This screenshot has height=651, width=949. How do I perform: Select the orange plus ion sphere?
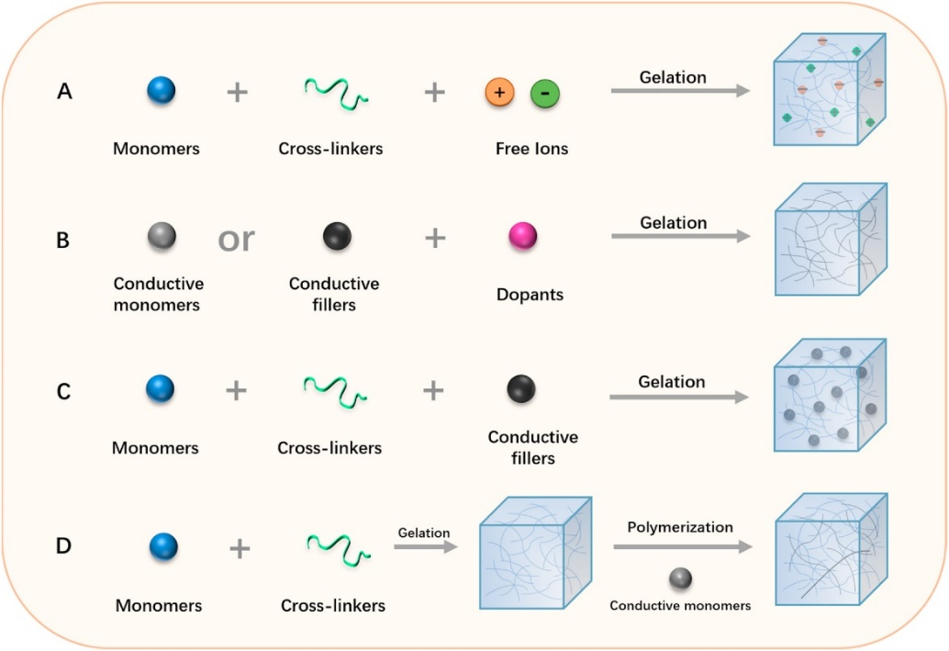click(x=499, y=92)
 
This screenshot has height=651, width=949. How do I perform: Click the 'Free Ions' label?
click(x=531, y=149)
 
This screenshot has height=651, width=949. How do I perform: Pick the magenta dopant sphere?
click(x=523, y=237)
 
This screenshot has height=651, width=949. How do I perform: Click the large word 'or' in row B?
click(x=236, y=239)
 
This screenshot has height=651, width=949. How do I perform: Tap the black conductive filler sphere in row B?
click(x=336, y=237)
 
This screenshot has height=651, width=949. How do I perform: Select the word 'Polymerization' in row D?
click(x=680, y=527)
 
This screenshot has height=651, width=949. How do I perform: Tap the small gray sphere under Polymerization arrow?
click(x=680, y=578)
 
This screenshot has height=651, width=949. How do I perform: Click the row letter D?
click(x=62, y=546)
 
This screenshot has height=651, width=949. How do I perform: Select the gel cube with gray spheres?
click(x=830, y=395)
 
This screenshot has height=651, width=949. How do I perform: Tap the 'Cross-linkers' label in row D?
click(x=333, y=605)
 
